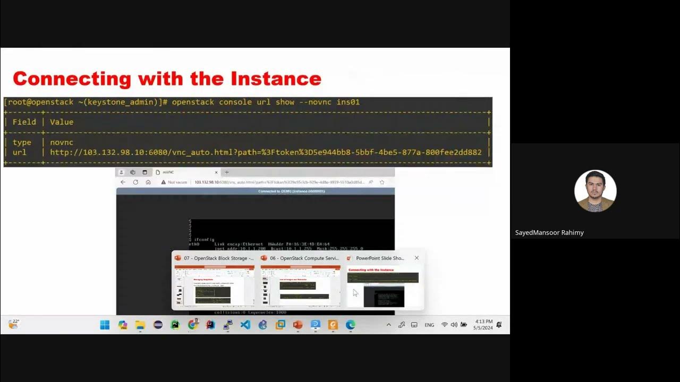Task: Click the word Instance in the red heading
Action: pyautogui.click(x=276, y=79)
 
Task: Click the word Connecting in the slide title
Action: pyautogui.click(x=72, y=79)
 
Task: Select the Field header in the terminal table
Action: pyautogui.click(x=24, y=122)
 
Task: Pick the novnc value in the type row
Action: pyautogui.click(x=62, y=142)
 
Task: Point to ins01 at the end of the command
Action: pyautogui.click(x=348, y=102)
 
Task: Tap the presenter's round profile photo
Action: pyautogui.click(x=595, y=191)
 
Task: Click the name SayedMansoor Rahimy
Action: pyautogui.click(x=549, y=232)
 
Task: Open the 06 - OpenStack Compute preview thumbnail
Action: pyautogui.click(x=300, y=286)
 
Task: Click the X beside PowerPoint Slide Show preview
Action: pyautogui.click(x=416, y=258)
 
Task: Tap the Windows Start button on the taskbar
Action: pyautogui.click(x=105, y=325)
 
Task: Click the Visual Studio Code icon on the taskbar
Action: pyautogui.click(x=245, y=325)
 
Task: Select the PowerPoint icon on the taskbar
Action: pyautogui.click(x=297, y=325)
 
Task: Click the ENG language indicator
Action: pyautogui.click(x=429, y=325)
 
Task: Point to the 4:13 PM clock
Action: pyautogui.click(x=483, y=322)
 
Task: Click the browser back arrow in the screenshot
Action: pyautogui.click(x=123, y=182)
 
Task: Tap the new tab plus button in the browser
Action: pyautogui.click(x=227, y=172)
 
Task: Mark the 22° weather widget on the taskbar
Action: pyautogui.click(x=14, y=324)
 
